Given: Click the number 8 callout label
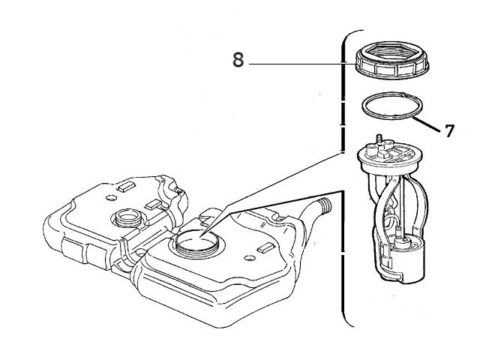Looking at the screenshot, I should [238, 61].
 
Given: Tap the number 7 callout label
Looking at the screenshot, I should [449, 131].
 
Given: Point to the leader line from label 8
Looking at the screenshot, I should [300, 65].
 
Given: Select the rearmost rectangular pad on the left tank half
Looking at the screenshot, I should [126, 183].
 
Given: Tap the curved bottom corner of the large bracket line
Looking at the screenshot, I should [349, 321].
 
